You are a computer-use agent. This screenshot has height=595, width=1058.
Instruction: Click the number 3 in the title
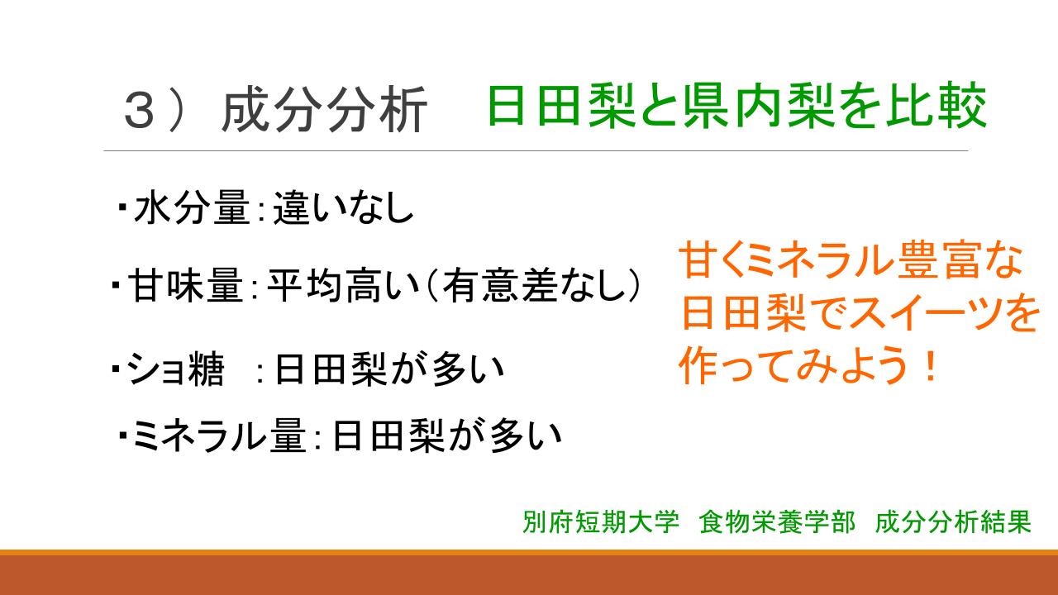tap(140, 110)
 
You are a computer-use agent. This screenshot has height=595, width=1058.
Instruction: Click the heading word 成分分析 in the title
tap(325, 110)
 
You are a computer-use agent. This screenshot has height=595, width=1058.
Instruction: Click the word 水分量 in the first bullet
tap(192, 207)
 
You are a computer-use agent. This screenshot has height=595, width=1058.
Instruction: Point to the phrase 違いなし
tap(344, 207)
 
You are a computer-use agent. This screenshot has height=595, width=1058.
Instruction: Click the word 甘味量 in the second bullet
tap(186, 285)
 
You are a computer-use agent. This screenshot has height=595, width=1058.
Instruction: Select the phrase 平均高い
tap(343, 285)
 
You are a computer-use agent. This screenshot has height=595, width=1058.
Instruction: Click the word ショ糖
tap(175, 369)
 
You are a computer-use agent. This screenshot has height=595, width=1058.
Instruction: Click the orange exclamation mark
tap(932, 365)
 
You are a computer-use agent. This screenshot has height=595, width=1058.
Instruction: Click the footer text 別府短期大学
tap(601, 522)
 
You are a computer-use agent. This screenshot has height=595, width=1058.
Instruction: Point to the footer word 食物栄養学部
tap(778, 522)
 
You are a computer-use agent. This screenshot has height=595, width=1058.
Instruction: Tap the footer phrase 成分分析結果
tap(953, 522)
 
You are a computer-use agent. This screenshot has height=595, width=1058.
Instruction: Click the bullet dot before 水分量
tap(122, 207)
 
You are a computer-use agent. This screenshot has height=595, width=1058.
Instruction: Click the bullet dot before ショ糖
tap(116, 368)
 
